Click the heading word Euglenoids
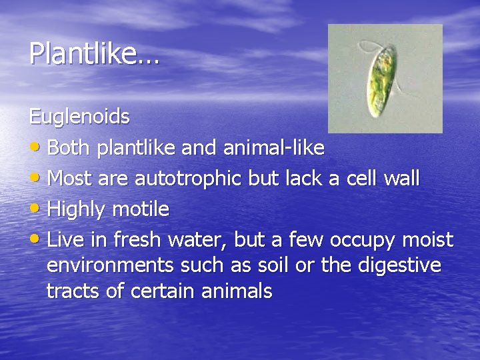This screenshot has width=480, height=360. tap(79, 117)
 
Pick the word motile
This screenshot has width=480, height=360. tap(140, 210)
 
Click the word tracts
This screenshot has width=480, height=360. tap(71, 291)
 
